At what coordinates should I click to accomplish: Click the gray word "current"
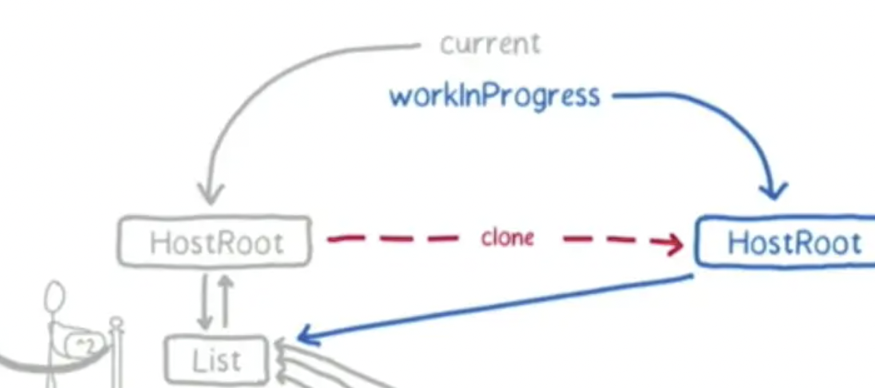(490, 44)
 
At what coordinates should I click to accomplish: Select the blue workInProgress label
(495, 95)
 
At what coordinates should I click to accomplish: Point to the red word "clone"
(507, 238)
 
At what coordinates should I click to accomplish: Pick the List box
(216, 360)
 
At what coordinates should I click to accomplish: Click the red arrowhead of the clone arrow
(675, 244)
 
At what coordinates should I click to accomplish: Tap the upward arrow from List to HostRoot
(225, 302)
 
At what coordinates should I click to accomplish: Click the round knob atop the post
(116, 324)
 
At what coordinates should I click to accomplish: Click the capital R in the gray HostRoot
(223, 243)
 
